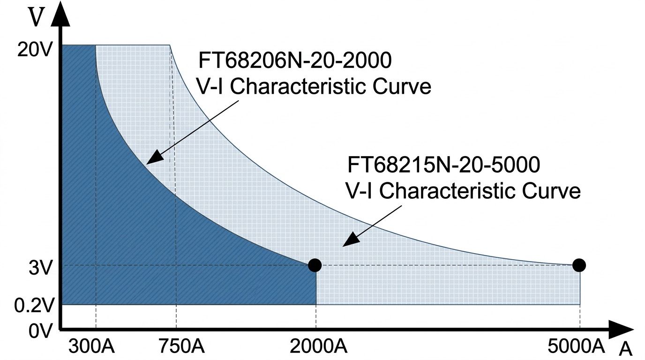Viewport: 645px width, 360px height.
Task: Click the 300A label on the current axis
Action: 92,347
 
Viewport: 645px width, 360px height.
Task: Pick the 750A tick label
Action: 180,347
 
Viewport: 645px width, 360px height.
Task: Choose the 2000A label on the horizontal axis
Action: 318,347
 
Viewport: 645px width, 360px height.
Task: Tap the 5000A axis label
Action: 576,347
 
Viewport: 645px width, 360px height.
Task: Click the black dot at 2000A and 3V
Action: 315,265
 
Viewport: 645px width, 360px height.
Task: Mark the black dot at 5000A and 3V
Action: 579,265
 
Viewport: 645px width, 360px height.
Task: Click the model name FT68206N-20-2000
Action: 295,61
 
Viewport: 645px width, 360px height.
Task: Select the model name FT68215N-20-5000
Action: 444,165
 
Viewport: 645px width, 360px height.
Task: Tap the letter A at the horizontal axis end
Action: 626,350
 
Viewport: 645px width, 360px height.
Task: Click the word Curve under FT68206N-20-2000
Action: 401,87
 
